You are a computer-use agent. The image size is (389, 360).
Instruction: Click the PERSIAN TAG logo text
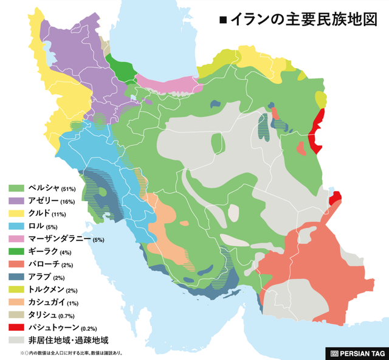tap(362, 353)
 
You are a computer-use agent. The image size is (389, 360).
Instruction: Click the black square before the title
tap(222, 20)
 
